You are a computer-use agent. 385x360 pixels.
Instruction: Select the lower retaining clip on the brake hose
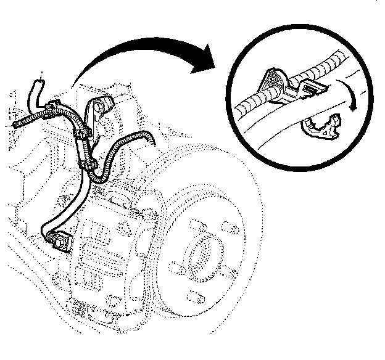[90, 165]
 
